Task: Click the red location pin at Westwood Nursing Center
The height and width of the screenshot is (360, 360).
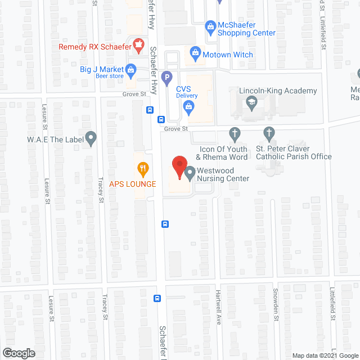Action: [179, 167]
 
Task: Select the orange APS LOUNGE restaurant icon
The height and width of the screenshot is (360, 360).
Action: [143, 167]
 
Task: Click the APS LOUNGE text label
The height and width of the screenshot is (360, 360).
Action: [133, 183]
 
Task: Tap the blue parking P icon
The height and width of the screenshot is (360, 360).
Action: [166, 77]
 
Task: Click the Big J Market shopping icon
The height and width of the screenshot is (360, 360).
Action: [131, 70]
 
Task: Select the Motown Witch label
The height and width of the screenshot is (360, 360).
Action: [228, 55]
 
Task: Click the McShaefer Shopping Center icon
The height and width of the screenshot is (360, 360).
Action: [210, 25]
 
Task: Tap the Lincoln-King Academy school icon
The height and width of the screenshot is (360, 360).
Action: [251, 102]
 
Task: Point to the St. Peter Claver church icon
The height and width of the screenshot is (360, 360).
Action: [269, 133]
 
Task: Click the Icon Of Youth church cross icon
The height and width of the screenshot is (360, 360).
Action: [235, 133]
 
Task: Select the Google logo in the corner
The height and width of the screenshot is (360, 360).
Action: [18, 353]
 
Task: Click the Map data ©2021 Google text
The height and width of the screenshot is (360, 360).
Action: [325, 355]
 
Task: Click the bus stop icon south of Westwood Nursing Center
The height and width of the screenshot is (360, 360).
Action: [165, 224]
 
